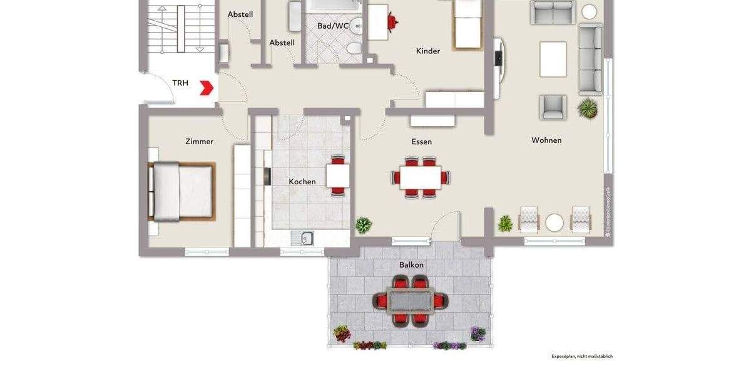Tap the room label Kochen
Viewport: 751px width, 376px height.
(x=302, y=182)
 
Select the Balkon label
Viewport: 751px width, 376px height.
(x=411, y=265)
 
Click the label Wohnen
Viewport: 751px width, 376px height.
(x=546, y=140)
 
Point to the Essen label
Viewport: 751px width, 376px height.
(x=421, y=142)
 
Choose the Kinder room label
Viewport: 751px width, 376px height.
(x=428, y=51)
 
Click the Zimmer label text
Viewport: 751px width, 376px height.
(x=200, y=142)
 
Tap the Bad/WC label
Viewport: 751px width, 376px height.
(x=332, y=26)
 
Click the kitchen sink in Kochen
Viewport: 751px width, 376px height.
(x=307, y=238)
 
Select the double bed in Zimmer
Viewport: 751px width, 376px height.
(x=181, y=192)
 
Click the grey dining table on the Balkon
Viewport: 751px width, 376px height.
(x=411, y=301)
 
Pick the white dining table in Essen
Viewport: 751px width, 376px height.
(x=421, y=177)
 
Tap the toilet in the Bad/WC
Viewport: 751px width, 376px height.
(x=354, y=48)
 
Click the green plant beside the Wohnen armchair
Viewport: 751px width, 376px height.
(x=588, y=108)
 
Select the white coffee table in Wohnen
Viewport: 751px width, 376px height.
(x=553, y=59)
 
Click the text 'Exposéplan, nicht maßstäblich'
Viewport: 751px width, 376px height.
(x=581, y=356)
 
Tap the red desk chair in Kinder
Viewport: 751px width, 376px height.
(x=392, y=22)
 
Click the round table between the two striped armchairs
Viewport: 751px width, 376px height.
(x=554, y=222)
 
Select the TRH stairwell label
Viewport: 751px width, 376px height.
(x=180, y=83)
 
